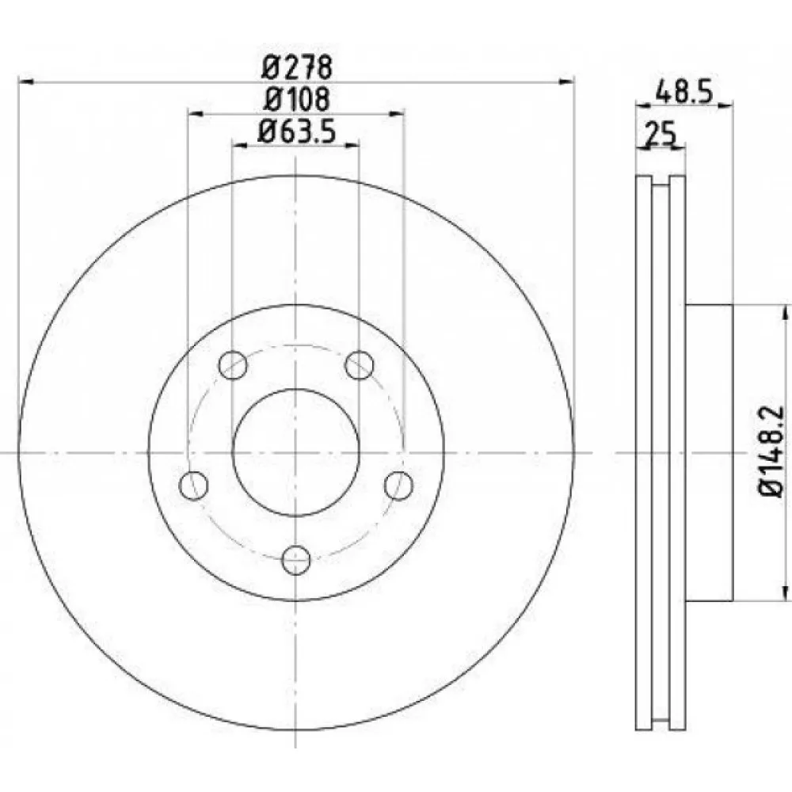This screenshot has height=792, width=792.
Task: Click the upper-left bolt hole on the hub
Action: pos(233,364)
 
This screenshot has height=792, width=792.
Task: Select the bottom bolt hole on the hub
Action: pos(295,560)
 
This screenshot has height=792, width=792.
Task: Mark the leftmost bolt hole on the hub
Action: pos(193,485)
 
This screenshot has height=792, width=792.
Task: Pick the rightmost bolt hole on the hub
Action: pos(398,485)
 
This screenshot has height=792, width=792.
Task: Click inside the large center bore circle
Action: pos(295,452)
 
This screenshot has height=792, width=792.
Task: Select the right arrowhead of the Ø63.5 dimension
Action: pos(352,145)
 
